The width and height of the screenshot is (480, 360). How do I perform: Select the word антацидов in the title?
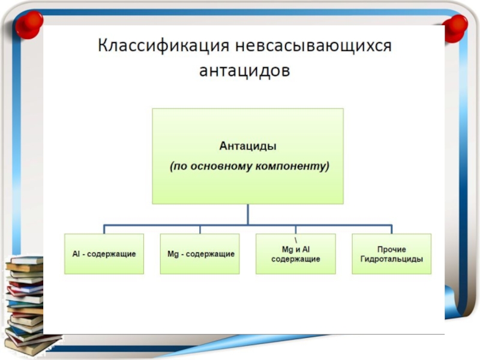pyautogui.click(x=244, y=71)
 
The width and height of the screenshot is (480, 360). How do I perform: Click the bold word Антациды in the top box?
pyautogui.click(x=247, y=145)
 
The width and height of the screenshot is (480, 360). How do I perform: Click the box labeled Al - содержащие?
pyautogui.click(x=104, y=254)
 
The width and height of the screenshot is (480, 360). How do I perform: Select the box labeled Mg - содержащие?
pyautogui.click(x=200, y=254)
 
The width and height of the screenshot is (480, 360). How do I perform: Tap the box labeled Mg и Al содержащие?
pyautogui.click(x=296, y=254)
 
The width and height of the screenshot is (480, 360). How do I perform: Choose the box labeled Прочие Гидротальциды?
pyautogui.click(x=391, y=254)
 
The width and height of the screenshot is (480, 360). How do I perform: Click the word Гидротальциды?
pyautogui.click(x=391, y=259)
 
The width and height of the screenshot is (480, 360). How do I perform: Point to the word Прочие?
pyautogui.click(x=391, y=249)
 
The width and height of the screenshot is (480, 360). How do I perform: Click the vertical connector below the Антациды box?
pyautogui.click(x=248, y=215)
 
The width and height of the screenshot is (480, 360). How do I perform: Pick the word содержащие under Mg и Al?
pyautogui.click(x=296, y=259)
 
